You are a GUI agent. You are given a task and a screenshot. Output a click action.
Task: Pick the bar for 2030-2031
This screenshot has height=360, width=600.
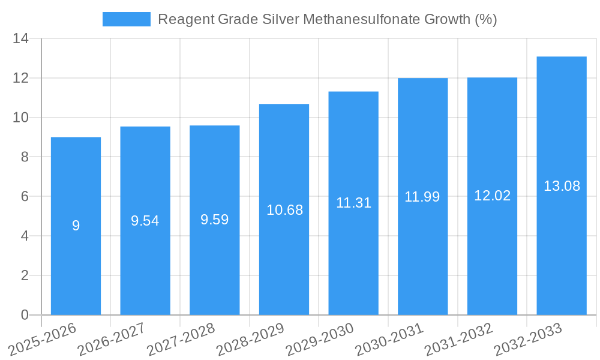[422, 252]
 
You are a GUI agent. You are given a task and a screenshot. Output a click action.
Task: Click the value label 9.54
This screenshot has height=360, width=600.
[145, 221]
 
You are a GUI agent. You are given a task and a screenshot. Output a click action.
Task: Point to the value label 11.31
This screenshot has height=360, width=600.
[353, 203]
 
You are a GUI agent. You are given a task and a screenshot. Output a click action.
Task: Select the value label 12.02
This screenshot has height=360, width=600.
[492, 196]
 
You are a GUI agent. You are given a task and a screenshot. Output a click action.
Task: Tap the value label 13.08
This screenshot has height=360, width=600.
[562, 186]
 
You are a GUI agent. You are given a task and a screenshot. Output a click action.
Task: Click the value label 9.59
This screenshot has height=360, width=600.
[214, 220]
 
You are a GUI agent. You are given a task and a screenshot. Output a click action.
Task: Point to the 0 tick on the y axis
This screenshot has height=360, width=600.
[25, 315]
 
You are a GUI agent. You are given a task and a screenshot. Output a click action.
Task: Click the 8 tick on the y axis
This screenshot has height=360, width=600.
[25, 157]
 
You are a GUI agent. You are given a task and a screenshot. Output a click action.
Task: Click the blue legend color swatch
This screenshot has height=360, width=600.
[127, 19]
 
